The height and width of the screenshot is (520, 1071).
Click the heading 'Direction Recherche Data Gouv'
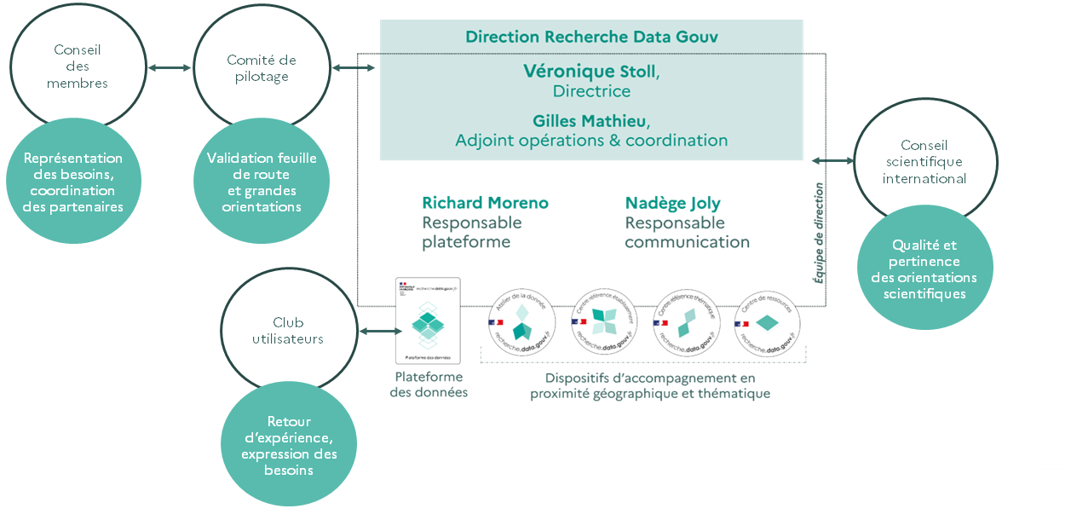coord(591,37)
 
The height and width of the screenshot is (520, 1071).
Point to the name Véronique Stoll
coord(591,72)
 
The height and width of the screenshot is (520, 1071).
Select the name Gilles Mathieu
coord(591,121)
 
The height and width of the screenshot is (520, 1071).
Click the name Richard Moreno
coord(485,203)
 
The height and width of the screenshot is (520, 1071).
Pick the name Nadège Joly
coord(672,203)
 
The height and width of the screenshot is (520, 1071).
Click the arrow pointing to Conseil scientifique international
coord(832,160)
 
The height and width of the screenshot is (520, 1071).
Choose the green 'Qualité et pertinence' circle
coord(924,268)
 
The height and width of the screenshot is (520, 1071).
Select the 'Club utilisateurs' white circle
coord(288,331)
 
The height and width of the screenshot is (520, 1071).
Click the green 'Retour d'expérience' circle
coord(289,445)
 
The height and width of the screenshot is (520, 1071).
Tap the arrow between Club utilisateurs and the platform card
coord(376,332)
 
